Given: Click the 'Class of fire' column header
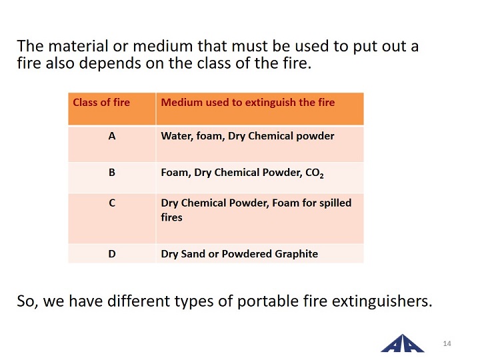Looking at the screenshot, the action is (x=101, y=102).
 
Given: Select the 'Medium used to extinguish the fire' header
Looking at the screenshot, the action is (x=248, y=102).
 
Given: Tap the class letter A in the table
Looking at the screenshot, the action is (x=112, y=136).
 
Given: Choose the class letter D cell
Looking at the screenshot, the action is (x=112, y=254).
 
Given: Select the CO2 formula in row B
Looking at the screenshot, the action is (x=315, y=173).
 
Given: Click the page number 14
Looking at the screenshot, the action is (x=447, y=343).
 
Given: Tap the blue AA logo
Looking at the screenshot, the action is (x=402, y=343).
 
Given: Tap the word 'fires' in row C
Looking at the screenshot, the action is (x=172, y=217).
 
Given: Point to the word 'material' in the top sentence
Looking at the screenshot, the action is (x=78, y=46).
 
